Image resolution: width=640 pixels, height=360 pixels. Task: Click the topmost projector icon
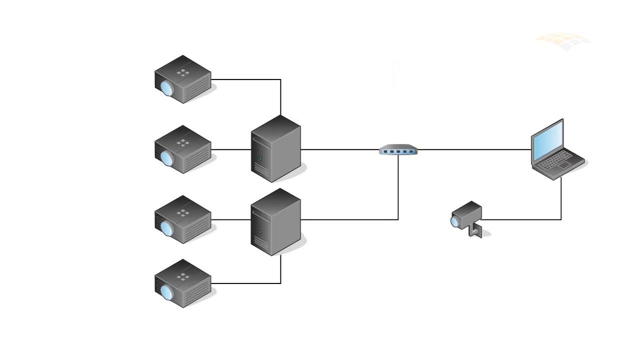click(182, 79)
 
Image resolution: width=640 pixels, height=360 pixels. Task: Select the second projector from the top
click(182, 149)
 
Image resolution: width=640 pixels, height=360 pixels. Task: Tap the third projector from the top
click(182, 219)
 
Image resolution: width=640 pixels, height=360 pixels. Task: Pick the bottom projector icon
click(182, 283)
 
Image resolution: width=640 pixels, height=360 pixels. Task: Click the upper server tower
click(275, 149)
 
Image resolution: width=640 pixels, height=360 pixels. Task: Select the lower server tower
click(275, 222)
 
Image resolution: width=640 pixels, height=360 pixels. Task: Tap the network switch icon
click(398, 150)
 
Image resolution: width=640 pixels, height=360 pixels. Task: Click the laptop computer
click(556, 149)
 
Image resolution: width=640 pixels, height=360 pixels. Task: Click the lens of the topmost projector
click(166, 88)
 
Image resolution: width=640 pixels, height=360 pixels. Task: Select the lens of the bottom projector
click(166, 292)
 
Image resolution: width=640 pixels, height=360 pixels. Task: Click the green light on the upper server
click(260, 159)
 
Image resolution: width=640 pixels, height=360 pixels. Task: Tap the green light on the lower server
click(260, 232)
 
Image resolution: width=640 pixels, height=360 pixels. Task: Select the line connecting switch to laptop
click(475, 149)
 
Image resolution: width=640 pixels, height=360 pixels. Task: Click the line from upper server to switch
click(340, 149)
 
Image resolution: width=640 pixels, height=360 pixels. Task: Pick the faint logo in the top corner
click(563, 42)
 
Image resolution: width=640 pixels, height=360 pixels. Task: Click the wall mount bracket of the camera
click(474, 231)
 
